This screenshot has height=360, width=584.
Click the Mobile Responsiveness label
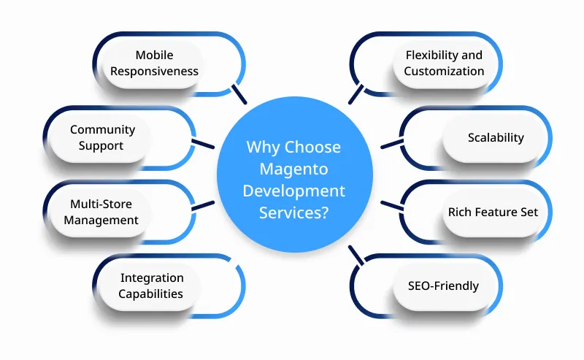pyautogui.click(x=166, y=63)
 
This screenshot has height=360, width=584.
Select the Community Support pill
pyautogui.click(x=102, y=137)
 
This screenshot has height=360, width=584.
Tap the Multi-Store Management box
pyautogui.click(x=101, y=212)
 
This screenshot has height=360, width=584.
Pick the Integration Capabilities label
pyautogui.click(x=152, y=286)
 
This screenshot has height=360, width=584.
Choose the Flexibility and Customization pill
pyautogui.click(x=444, y=63)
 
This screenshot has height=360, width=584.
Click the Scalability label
pyautogui.click(x=496, y=137)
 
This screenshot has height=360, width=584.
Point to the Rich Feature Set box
pyautogui.click(x=493, y=212)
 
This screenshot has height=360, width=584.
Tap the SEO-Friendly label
pyautogui.click(x=443, y=286)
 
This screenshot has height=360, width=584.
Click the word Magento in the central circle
pyautogui.click(x=293, y=169)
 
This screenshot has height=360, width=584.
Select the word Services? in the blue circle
pyautogui.click(x=293, y=212)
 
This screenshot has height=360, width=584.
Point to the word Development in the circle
pyautogui.click(x=293, y=191)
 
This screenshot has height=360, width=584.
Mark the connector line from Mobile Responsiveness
pyautogui.click(x=238, y=94)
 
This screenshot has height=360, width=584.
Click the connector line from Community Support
pyautogui.click(x=202, y=143)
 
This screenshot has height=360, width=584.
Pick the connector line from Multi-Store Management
pyautogui.click(x=202, y=205)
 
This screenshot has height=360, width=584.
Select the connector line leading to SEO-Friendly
pyautogui.click(x=356, y=254)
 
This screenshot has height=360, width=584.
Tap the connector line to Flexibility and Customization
pyautogui.click(x=356, y=94)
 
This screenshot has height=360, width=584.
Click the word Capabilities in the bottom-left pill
pyautogui.click(x=152, y=294)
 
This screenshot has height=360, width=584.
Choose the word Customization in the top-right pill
pyautogui.click(x=444, y=72)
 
